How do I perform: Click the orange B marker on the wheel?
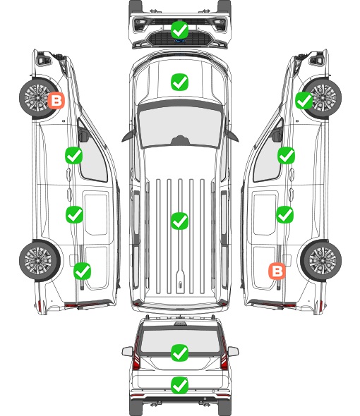(x=56, y=100)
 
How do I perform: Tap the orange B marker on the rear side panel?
(x=277, y=271)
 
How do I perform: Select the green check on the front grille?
(x=179, y=30)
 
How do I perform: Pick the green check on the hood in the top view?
(x=179, y=82)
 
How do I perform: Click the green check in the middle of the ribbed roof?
(x=179, y=221)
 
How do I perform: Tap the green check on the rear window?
(x=179, y=353)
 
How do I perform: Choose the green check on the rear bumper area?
(x=179, y=385)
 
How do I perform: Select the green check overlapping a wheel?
(x=304, y=100)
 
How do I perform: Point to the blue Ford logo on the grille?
(x=179, y=41)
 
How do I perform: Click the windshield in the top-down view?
(x=180, y=126)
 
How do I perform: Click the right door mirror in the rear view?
(x=233, y=351)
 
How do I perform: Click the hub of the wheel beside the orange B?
(x=37, y=98)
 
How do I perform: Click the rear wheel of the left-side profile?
(x=39, y=261)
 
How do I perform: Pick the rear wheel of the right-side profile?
(x=321, y=261)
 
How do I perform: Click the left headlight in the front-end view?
(x=139, y=25)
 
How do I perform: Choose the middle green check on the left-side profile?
(x=74, y=214)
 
